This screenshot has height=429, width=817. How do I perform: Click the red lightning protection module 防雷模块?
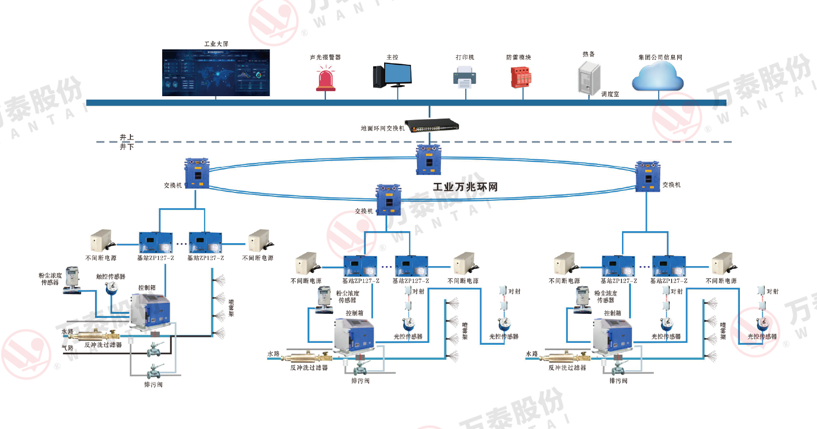[520, 77]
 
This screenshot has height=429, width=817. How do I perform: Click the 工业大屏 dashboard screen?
[216, 73]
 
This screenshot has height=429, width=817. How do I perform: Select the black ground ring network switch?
[431, 125]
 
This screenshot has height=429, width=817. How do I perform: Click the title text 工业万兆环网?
[465, 187]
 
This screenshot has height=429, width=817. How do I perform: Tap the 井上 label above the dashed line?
[127, 137]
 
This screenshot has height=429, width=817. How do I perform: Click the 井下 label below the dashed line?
[127, 147]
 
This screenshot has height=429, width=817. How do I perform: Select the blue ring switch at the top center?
[428, 159]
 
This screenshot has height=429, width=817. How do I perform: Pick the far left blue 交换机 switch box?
[197, 173]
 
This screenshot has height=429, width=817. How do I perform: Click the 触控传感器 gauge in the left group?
[111, 287]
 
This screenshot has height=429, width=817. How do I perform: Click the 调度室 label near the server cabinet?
[610, 94]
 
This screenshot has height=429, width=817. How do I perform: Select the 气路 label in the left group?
[67, 348]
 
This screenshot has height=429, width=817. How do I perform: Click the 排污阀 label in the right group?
[618, 381]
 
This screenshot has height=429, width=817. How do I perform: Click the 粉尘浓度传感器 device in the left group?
[73, 280]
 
